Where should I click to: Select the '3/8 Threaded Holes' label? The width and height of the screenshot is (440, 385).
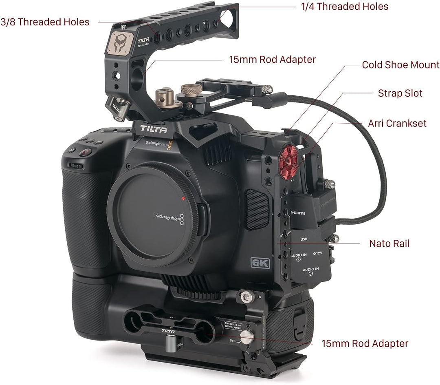pos(45,22)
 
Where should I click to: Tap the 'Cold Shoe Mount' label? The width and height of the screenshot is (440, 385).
pos(400,65)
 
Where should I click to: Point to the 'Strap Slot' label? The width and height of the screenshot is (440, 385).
pos(400,93)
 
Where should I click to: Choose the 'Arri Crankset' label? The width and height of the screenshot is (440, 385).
pos(397,123)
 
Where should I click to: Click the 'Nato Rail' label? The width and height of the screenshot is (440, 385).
pos(389,243)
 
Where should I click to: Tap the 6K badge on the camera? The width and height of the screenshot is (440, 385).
pos(260,263)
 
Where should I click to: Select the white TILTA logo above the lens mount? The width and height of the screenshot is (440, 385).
pos(154,129)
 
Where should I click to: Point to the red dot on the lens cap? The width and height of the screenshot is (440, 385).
pos(184,199)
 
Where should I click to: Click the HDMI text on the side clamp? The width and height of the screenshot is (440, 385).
pos(298,213)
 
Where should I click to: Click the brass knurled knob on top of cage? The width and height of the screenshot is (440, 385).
pos(189,90)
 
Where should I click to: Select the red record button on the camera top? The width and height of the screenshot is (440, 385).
pos(85,152)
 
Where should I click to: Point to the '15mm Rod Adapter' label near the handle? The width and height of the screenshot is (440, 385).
pos(273,60)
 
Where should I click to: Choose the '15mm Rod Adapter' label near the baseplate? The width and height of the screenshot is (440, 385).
pos(365,343)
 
